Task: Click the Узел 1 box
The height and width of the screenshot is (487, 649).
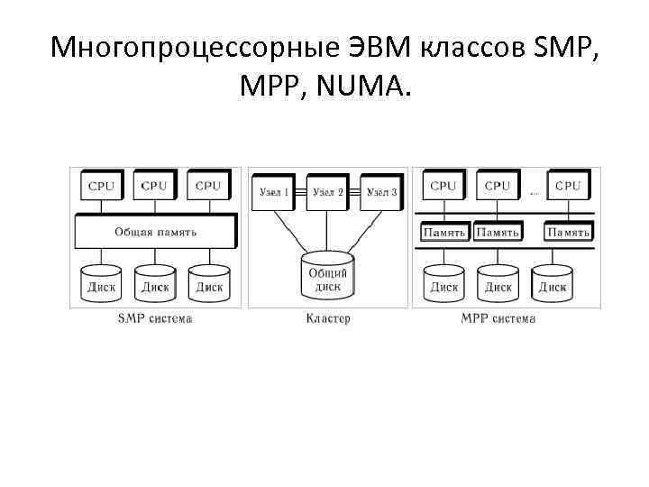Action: (274, 192)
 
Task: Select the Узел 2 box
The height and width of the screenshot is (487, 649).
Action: (327, 192)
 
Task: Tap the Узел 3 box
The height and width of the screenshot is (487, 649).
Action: (379, 192)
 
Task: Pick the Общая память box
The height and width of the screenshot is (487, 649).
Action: (155, 232)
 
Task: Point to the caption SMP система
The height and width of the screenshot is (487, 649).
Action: (155, 318)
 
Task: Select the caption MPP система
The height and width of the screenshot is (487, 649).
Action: (498, 318)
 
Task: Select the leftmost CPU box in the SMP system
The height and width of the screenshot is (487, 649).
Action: (102, 186)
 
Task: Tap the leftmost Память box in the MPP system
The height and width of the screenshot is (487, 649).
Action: (444, 233)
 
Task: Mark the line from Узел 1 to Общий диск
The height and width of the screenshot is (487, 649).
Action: (290, 234)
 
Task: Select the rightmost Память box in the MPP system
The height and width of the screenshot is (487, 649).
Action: (568, 233)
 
